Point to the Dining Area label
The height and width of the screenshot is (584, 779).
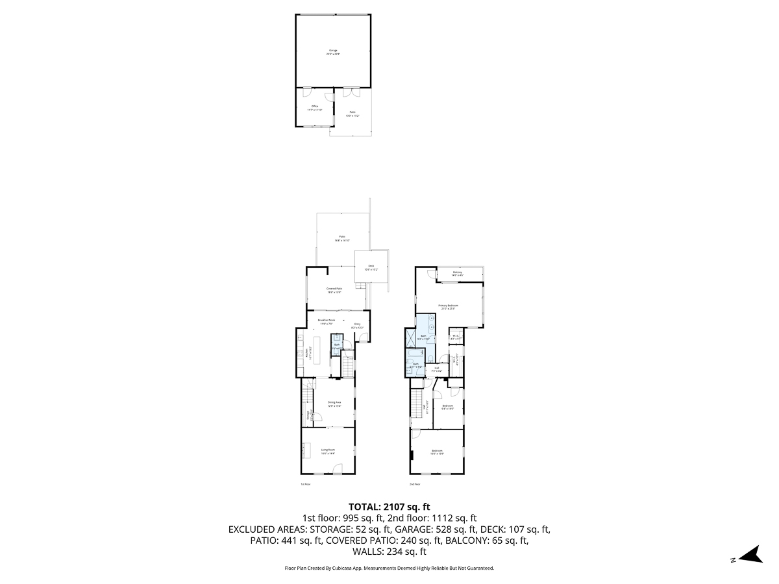334,404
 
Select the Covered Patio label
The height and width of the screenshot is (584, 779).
334,290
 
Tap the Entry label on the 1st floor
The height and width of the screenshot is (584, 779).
357,326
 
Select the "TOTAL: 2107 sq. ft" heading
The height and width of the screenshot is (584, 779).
389,507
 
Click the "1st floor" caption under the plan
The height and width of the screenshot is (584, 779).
306,484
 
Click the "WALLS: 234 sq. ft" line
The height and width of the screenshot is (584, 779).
389,552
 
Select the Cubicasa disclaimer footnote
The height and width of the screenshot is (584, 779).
389,568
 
